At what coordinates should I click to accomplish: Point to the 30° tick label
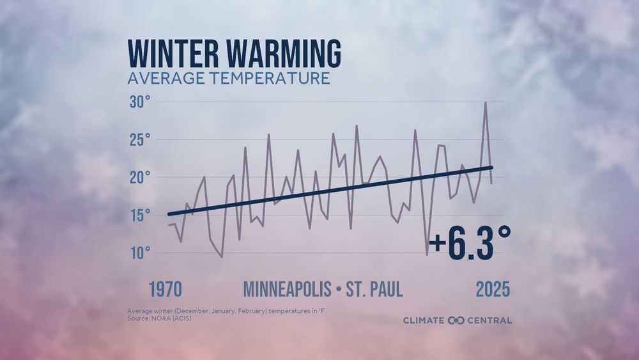140,102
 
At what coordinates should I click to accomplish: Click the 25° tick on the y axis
140,139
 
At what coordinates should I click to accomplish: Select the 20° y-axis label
140,177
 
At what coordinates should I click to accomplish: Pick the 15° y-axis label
140,214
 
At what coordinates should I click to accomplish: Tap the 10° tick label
140,252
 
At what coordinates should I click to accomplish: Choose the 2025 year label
493,289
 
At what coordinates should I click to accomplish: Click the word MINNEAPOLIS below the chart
287,289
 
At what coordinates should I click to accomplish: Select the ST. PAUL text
374,289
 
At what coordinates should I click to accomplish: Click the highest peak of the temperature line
486,102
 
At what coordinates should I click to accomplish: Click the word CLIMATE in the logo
424,320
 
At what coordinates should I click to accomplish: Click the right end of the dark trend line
491,168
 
